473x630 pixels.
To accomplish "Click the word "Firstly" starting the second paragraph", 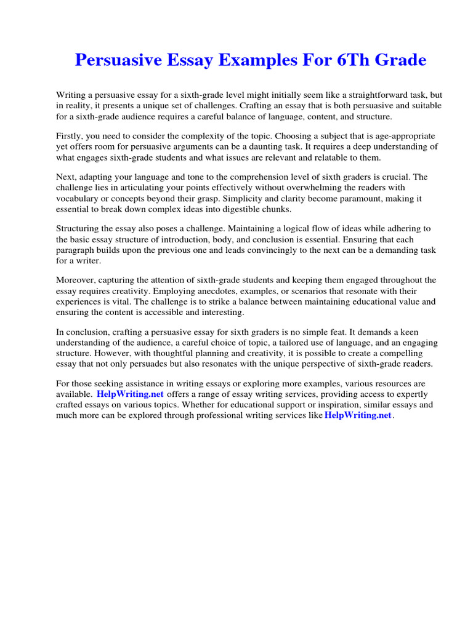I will pyautogui.click(x=70, y=136).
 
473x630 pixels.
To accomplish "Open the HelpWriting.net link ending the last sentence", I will pyautogui.click(x=358, y=415).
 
